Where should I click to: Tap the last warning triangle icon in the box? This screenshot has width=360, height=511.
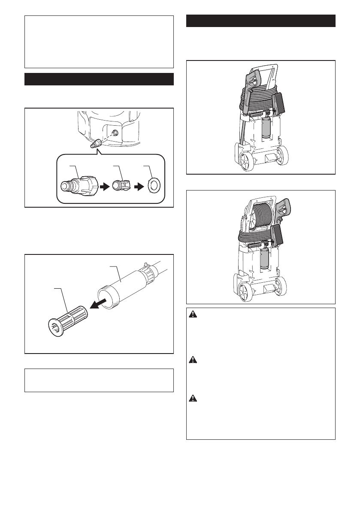tap(193, 398)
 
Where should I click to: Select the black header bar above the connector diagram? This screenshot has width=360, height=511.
tap(99, 79)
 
